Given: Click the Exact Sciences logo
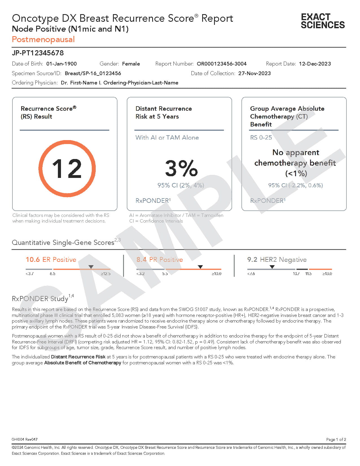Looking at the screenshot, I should click(x=323, y=21).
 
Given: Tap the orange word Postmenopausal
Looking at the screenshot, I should click(x=43, y=39).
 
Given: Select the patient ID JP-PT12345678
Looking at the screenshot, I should click(x=38, y=53).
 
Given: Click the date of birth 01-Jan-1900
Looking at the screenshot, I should click(x=62, y=64).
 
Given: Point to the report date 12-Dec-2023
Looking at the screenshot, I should click(x=315, y=64).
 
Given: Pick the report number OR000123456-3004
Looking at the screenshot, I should click(x=222, y=64).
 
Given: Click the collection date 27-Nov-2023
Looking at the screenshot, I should click(x=254, y=73).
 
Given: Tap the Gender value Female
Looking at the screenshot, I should click(x=131, y=64).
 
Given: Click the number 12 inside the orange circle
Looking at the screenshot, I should click(x=67, y=169).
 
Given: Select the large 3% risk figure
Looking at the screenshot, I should click(x=181, y=168).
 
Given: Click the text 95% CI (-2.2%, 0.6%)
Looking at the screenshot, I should click(x=295, y=185).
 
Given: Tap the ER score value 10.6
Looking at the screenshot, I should click(x=33, y=260).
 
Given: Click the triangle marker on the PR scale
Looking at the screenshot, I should click(x=200, y=267).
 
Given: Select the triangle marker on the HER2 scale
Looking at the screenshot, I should click(x=272, y=267).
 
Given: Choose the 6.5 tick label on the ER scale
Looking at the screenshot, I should click(x=53, y=274).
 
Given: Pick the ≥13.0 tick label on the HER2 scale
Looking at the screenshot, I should click(x=327, y=274).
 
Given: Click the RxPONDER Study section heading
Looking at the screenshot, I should click(x=40, y=299).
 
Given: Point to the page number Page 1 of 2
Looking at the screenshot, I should click(x=336, y=439).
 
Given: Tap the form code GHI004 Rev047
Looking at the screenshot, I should click(x=25, y=439).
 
